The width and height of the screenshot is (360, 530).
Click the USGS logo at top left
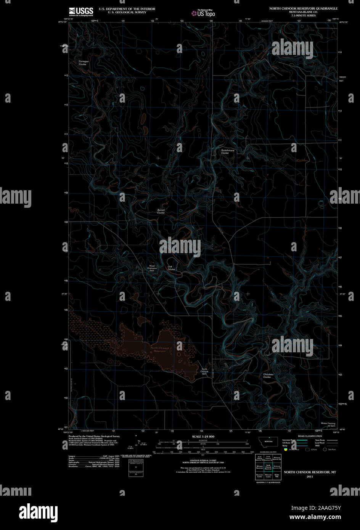coord(81,11)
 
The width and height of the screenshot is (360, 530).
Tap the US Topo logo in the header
coord(204,13)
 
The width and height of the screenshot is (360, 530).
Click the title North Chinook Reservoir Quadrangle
coord(303,8)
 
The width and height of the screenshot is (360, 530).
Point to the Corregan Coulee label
coord(83,63)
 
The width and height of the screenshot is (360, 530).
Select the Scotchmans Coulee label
coord(228,151)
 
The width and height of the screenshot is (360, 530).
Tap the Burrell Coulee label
coord(161,211)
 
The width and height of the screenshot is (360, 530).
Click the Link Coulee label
coord(171,268)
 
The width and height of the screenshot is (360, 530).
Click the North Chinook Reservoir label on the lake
coord(160,349)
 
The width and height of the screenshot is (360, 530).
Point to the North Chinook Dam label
coord(204,371)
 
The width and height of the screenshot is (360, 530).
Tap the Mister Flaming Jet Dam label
coord(328,424)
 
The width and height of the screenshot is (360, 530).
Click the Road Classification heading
coord(310,436)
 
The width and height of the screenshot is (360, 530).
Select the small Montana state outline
coord(268,442)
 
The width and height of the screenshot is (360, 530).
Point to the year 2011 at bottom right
coord(309,476)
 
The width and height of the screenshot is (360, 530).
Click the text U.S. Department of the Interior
coord(127,8)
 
